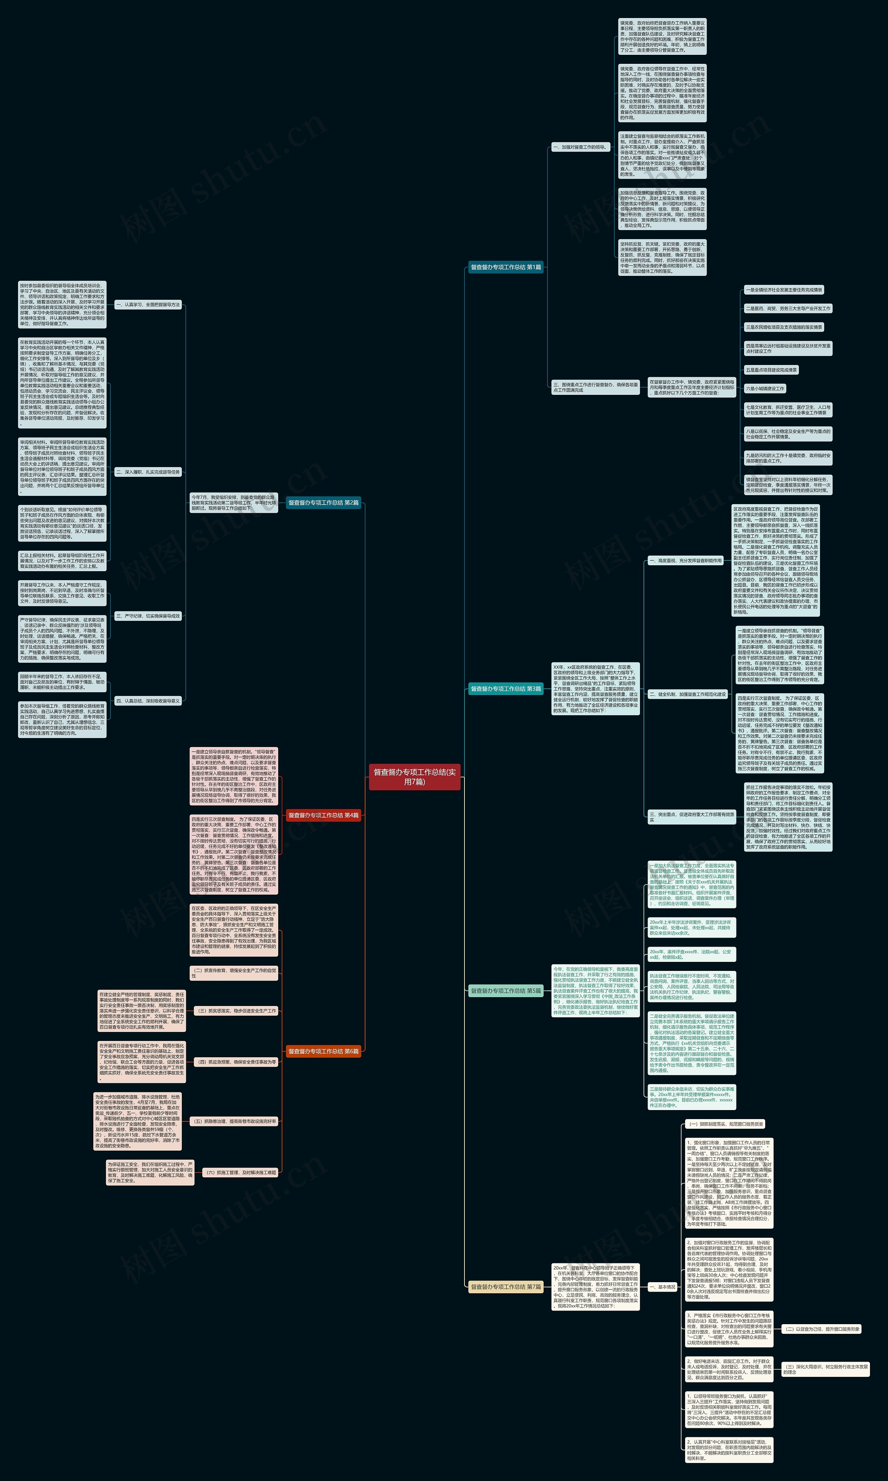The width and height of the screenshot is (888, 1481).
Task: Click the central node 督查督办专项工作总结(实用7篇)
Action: coord(414,777)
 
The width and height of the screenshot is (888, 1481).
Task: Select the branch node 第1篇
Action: coord(506,268)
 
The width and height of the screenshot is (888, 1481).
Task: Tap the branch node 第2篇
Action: coord(324,503)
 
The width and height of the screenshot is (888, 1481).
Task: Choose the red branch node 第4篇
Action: coord(324,815)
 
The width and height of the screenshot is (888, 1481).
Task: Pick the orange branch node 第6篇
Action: coord(324,1051)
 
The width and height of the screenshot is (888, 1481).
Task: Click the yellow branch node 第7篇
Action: coord(506,1286)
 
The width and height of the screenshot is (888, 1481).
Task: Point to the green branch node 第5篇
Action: coord(506,991)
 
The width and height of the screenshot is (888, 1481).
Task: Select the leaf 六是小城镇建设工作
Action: coord(765,389)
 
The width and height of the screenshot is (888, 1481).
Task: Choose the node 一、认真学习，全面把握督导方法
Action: coord(148,305)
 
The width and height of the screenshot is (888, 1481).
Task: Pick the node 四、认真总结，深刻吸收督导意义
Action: coord(148,700)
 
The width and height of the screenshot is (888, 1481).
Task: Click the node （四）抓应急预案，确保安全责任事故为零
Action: coord(236,1062)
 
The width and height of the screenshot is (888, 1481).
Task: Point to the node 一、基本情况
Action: coord(663,1286)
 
